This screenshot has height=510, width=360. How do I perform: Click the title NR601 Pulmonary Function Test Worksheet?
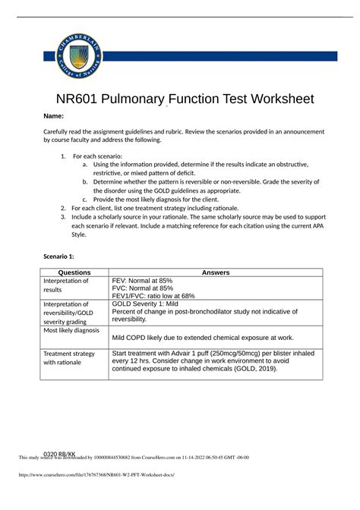tap(180, 99)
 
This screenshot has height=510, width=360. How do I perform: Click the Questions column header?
tap(75, 272)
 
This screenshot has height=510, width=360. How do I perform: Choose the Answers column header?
tap(216, 272)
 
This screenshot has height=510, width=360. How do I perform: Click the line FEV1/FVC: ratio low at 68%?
tap(153, 296)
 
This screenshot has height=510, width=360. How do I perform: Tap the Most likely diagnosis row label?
tap(71, 331)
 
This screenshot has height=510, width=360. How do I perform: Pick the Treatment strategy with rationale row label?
tap(69, 358)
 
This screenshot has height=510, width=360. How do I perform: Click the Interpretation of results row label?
tap(68, 285)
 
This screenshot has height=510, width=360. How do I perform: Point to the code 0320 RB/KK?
tap(60, 454)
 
